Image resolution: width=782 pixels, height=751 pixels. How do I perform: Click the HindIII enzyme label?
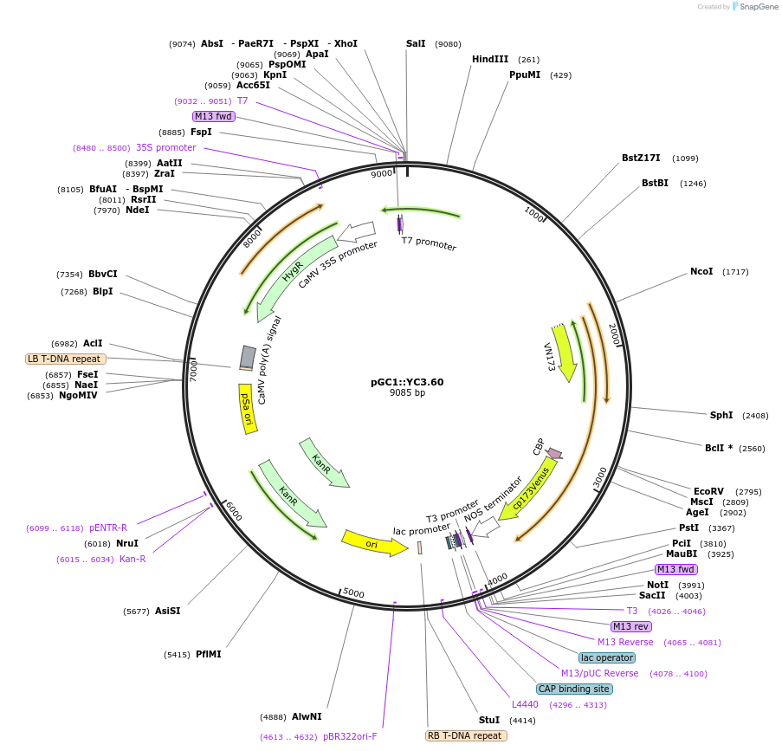[x=490, y=59]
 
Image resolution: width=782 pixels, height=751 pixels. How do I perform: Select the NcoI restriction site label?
[x=701, y=271]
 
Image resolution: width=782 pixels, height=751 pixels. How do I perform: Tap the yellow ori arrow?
[x=373, y=543]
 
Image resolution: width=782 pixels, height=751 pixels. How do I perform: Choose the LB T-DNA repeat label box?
[x=66, y=359]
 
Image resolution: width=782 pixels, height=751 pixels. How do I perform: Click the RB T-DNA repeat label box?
[x=466, y=735]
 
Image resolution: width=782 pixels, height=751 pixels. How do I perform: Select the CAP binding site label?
[x=574, y=689]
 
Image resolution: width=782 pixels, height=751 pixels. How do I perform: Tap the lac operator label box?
[x=607, y=657]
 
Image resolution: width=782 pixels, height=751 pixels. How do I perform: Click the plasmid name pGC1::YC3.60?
[x=407, y=381]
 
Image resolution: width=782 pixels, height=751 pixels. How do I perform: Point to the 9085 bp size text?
[x=407, y=393]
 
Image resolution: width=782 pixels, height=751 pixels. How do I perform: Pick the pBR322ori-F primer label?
[x=350, y=736]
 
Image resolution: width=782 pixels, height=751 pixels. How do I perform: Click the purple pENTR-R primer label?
[x=108, y=528]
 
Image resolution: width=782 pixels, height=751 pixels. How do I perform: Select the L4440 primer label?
[x=525, y=704]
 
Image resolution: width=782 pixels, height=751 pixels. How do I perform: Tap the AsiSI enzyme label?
[x=168, y=611]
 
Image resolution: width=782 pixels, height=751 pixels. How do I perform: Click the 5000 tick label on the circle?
[x=353, y=592]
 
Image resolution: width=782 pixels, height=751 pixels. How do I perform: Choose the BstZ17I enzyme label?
[x=641, y=158]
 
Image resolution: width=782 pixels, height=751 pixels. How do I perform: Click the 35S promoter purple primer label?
[x=166, y=147]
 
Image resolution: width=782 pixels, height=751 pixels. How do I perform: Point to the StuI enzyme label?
[x=489, y=720]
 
